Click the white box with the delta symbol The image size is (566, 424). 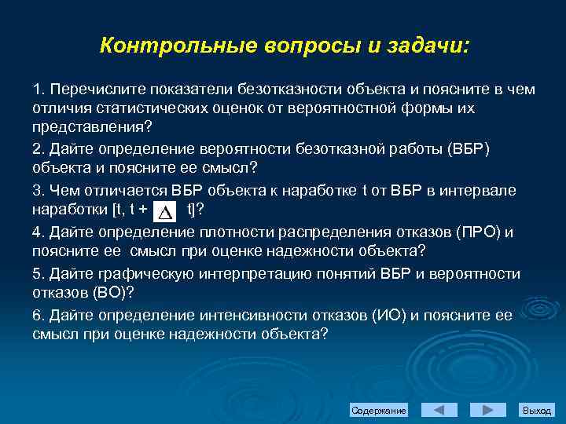point(166,210)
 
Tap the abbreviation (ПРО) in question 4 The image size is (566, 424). point(479,232)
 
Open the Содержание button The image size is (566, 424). point(379,411)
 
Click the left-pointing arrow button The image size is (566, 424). point(439,410)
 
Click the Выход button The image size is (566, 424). point(537,411)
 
